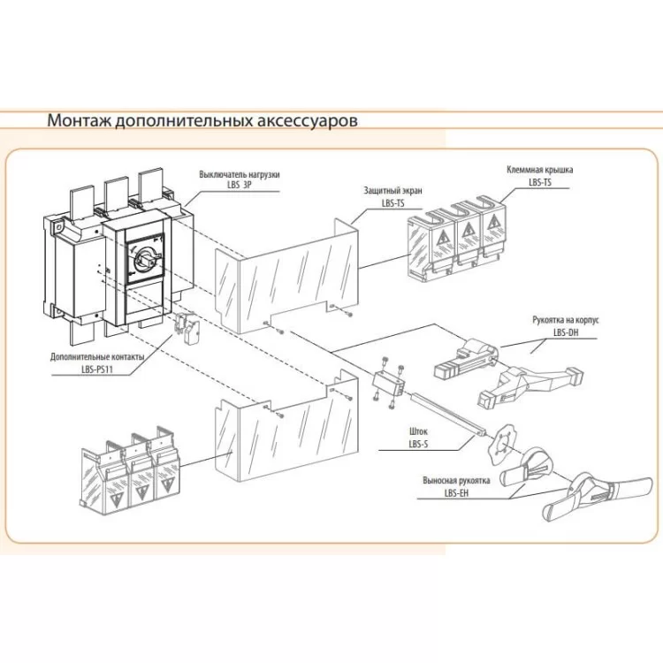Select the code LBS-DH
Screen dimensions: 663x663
[566, 332]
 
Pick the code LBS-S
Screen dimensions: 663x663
[417, 446]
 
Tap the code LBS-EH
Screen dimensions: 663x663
[457, 494]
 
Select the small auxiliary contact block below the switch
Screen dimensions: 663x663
[187, 327]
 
